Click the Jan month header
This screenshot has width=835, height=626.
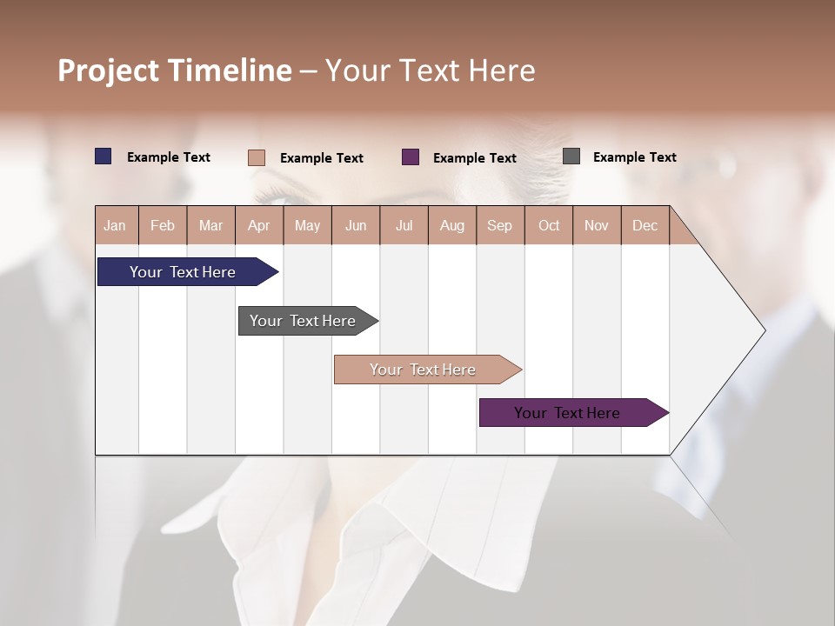[x=116, y=225]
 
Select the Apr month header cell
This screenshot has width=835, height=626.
[x=259, y=225]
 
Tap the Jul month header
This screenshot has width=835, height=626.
[x=404, y=225]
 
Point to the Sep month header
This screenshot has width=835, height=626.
[x=500, y=225]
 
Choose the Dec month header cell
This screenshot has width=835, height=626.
[x=645, y=225]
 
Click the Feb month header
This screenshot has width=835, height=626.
[x=163, y=225]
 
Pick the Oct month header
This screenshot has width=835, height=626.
[x=549, y=225]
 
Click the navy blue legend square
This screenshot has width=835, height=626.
[x=104, y=156]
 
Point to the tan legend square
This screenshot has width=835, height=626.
[x=257, y=157]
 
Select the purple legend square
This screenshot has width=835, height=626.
[x=411, y=156]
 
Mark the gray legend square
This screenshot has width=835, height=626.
[x=571, y=156]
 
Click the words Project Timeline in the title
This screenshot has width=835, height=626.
[x=175, y=70]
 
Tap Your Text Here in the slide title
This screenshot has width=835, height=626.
[x=430, y=70]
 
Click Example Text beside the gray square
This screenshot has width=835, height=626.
[x=634, y=157]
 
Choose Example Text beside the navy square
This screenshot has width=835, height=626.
[x=169, y=157]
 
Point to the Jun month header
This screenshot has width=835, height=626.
[x=356, y=225]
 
